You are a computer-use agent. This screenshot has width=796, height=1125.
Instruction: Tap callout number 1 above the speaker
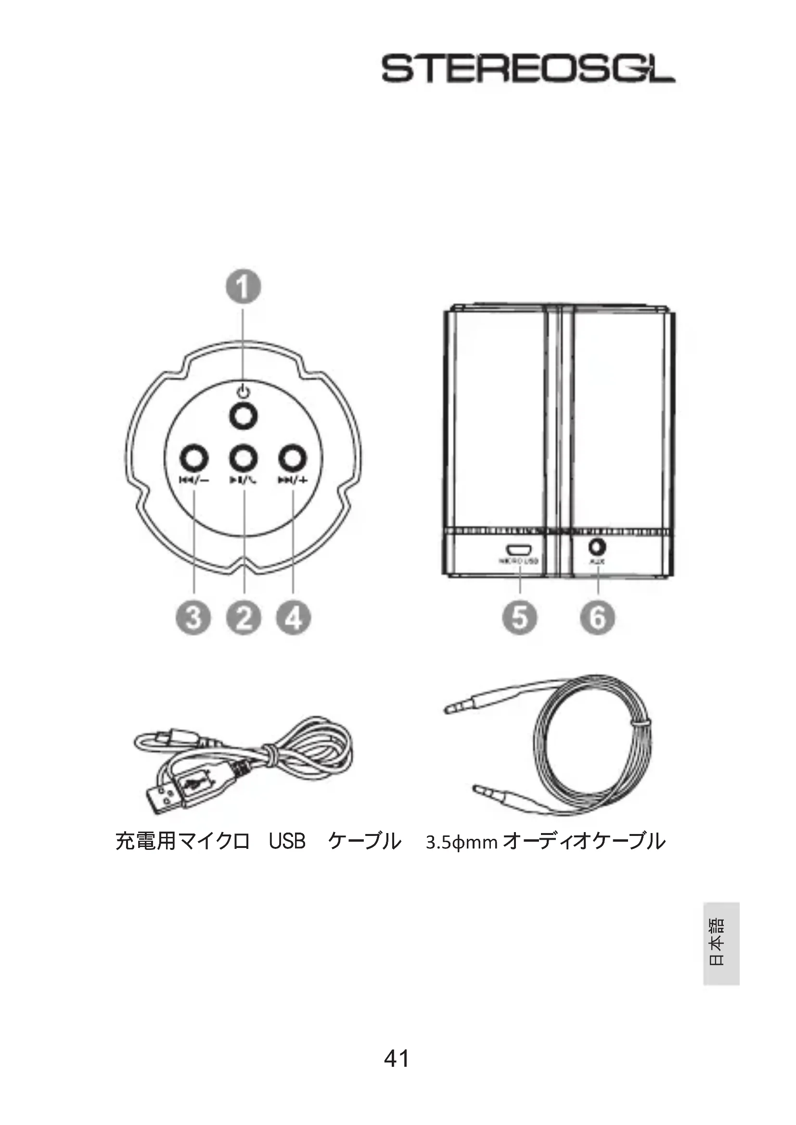pos(243,287)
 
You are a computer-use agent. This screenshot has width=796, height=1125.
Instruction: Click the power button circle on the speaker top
pos(244,417)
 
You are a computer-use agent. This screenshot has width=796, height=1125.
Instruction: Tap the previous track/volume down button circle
pos(194,459)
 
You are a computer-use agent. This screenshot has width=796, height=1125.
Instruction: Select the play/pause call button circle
pos(244,459)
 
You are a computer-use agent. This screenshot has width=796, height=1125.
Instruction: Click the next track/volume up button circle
pos(293,459)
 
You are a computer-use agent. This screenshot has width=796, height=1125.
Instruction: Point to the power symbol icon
pos(244,392)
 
